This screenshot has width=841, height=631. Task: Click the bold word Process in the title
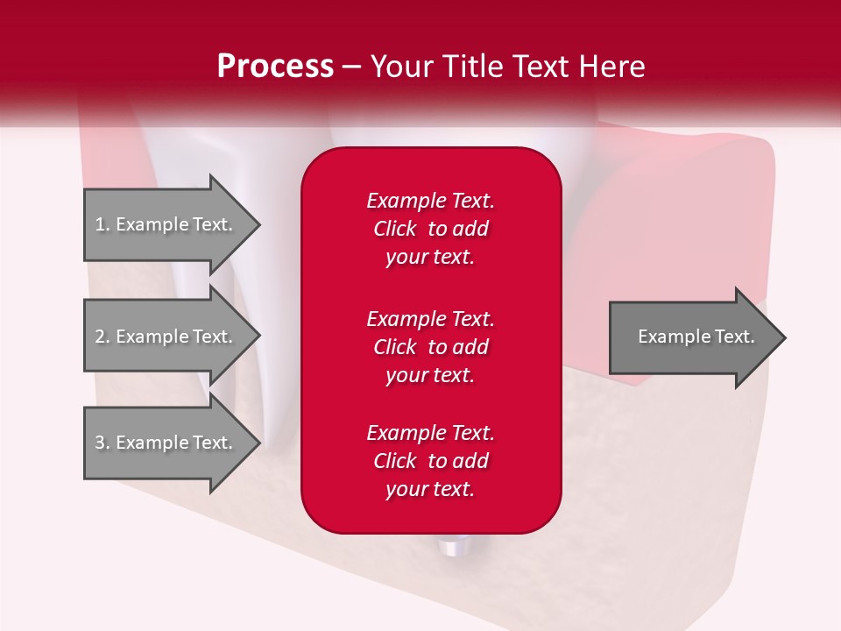point(275,67)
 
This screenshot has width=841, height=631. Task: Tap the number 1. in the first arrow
point(102,224)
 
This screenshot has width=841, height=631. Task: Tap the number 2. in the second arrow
point(102,337)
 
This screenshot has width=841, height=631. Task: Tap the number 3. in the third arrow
point(102,443)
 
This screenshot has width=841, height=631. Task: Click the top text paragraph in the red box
point(430,229)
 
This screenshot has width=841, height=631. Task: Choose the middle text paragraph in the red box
point(430,347)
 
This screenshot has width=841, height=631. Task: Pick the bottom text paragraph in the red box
point(430,461)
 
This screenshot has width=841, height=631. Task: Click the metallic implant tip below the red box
point(451,548)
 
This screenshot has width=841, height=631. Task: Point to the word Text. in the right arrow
point(734,337)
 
